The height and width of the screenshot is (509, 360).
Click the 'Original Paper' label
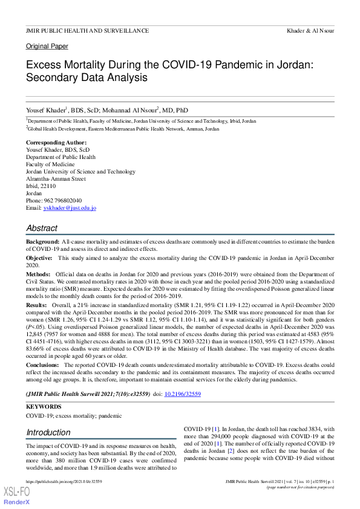(x=47, y=47)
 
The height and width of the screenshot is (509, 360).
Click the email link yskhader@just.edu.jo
(x=70, y=208)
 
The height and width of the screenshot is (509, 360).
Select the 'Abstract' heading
(x=42, y=229)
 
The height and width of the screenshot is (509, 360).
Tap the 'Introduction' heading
(x=48, y=432)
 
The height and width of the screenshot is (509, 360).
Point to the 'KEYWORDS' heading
(x=44, y=406)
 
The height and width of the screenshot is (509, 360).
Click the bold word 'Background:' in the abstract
(x=42, y=241)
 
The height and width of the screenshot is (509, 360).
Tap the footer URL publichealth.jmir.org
(x=64, y=481)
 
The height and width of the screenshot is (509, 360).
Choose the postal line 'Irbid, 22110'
(x=41, y=186)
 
